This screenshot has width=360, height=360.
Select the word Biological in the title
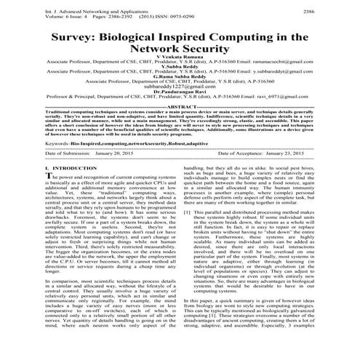pos(149,38)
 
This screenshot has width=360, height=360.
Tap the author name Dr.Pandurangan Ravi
pos(180,111)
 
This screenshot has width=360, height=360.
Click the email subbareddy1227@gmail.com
pos(180,105)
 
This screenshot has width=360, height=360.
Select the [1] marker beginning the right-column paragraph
pos(187,232)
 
